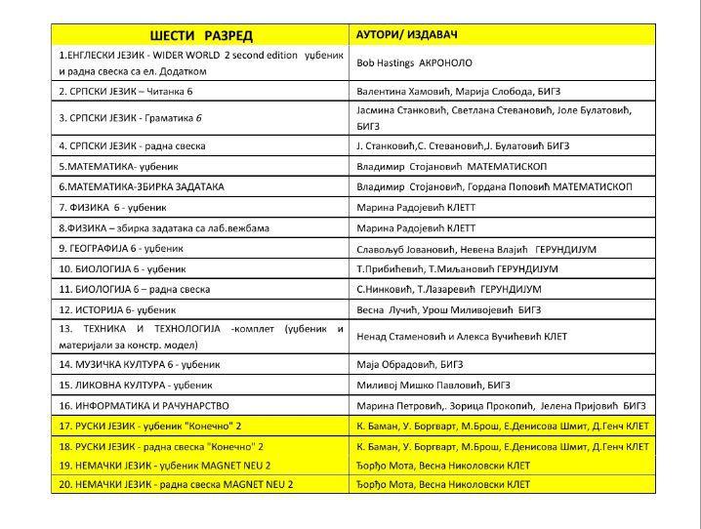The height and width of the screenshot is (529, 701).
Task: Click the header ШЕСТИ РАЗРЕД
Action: click(x=198, y=35)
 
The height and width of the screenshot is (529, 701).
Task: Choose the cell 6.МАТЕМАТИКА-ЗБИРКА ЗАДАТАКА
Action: click(x=142, y=186)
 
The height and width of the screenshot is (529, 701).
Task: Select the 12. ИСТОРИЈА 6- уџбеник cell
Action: click(x=116, y=308)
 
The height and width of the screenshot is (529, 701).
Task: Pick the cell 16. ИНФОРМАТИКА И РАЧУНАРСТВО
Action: click(x=144, y=405)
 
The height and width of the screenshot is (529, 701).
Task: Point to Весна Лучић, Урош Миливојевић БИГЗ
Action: click(x=444, y=308)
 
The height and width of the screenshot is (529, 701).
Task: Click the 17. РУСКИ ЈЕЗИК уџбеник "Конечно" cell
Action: click(x=153, y=426)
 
